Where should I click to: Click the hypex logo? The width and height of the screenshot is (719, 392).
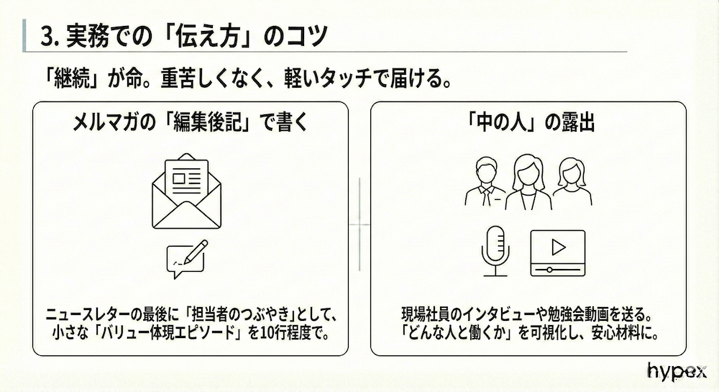click(677, 371)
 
